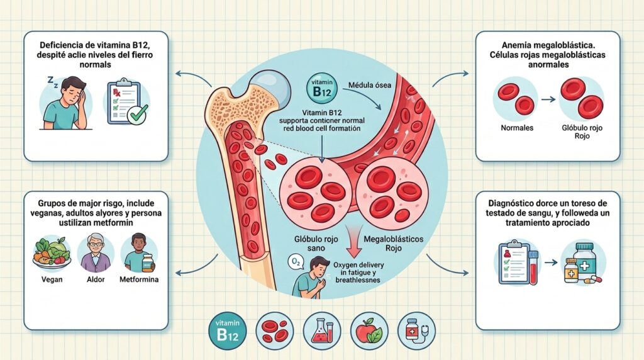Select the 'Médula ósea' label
click(370, 85)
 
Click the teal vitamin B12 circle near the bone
click(321, 88)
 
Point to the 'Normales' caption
click(517, 128)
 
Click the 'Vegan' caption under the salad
click(52, 279)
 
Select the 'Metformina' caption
click(139, 279)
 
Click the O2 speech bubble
click(296, 261)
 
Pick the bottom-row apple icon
click(369, 331)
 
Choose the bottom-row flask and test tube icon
click(322, 331)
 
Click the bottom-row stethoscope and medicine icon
click(416, 331)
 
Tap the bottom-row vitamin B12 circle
click(228, 331)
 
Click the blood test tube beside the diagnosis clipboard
click(533, 268)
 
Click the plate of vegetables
click(52, 252)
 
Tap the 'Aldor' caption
click(96, 279)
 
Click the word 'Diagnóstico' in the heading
click(511, 203)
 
